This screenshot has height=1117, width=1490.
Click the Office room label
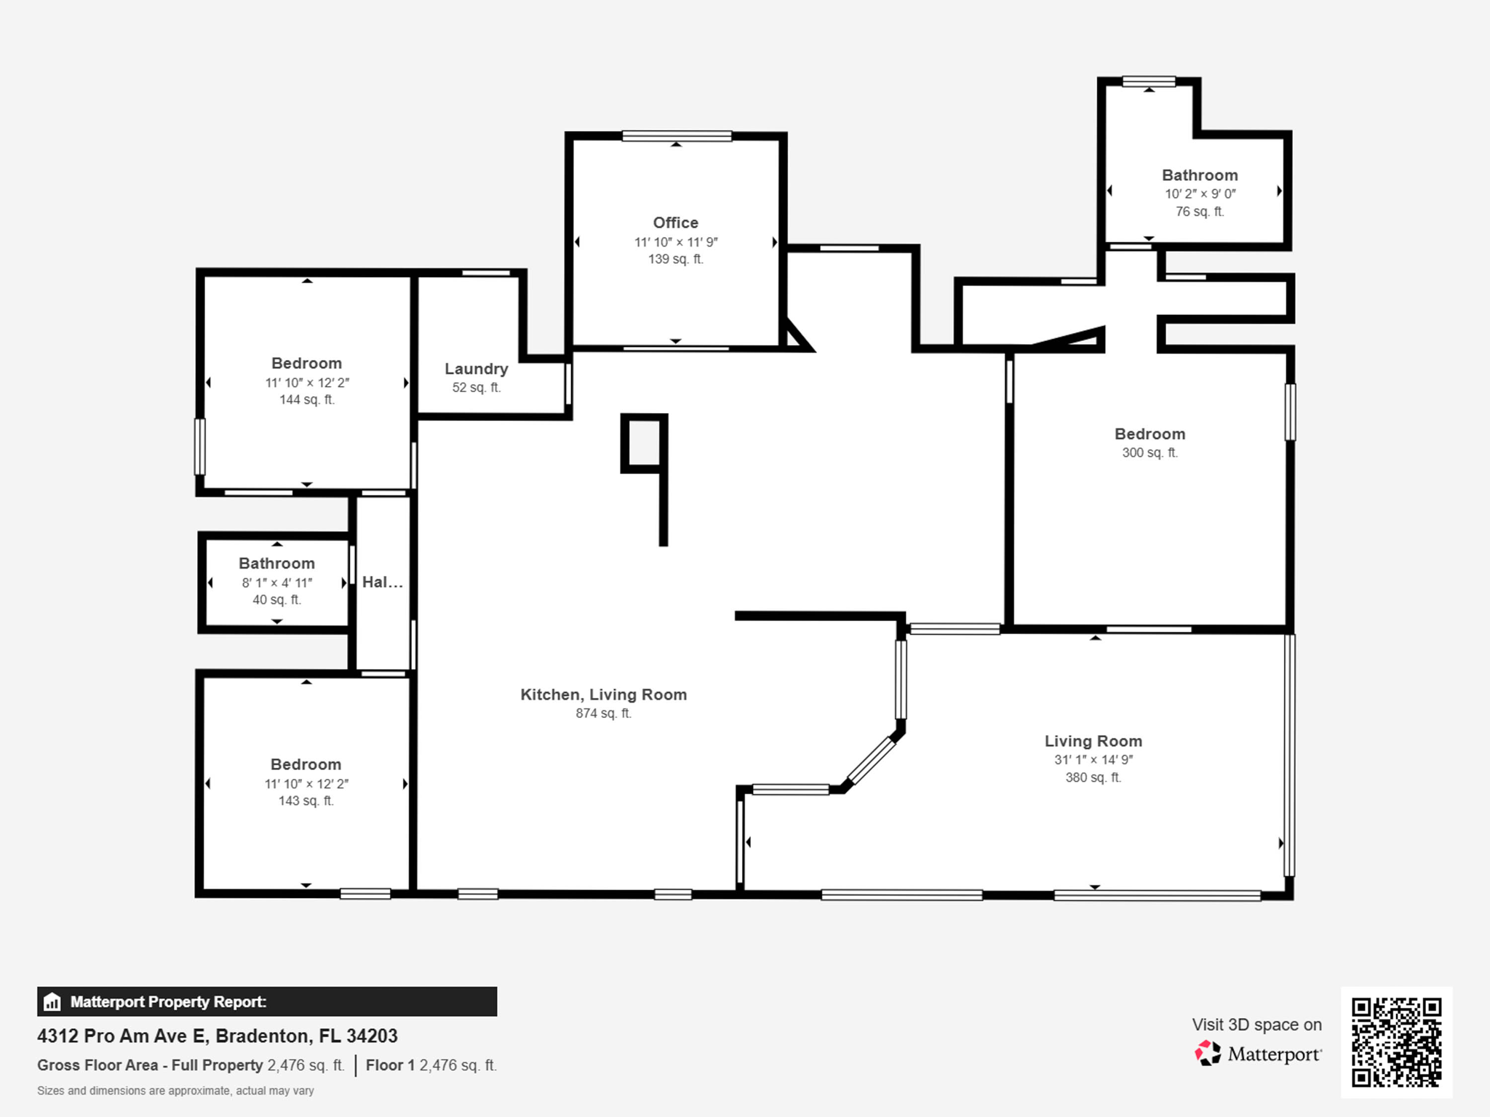(x=675, y=223)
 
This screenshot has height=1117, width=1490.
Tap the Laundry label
(x=477, y=369)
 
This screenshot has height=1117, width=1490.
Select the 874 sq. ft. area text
(x=603, y=713)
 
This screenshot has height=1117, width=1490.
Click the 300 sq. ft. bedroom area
(x=1150, y=452)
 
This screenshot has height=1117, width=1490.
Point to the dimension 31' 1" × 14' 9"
(x=1093, y=760)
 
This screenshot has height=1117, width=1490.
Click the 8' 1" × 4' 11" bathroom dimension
(x=276, y=582)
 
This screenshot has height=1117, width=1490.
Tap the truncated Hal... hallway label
(x=383, y=582)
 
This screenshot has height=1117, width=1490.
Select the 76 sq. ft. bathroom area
(x=1200, y=212)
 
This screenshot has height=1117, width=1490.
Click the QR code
(x=1396, y=1042)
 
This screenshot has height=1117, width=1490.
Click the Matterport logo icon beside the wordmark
(x=1208, y=1053)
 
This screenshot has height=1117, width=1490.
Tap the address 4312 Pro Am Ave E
(x=122, y=1036)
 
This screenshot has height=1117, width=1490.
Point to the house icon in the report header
(x=52, y=1002)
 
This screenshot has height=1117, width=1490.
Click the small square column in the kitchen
(x=643, y=443)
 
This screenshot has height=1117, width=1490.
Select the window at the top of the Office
(x=677, y=136)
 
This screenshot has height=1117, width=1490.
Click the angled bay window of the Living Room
(x=871, y=761)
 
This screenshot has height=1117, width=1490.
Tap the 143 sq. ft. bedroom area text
(x=306, y=801)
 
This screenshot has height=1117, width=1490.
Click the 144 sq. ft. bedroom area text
(x=307, y=399)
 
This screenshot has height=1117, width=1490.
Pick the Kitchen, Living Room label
(x=603, y=694)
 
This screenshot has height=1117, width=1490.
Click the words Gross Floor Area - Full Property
(x=150, y=1065)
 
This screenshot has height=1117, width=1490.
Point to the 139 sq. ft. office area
(x=676, y=259)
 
